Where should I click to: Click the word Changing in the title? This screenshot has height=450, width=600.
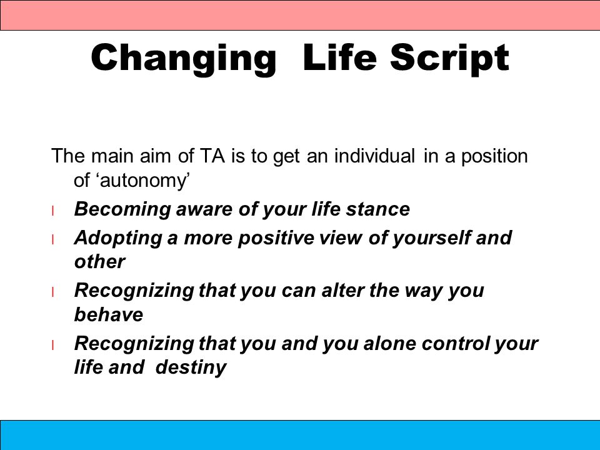(x=184, y=58)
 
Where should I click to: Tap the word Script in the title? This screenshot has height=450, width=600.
(x=449, y=58)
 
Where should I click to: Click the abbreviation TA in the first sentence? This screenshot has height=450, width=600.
(x=212, y=156)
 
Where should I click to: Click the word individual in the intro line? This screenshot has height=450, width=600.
(x=374, y=156)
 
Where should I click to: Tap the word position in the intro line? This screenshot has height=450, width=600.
(x=494, y=157)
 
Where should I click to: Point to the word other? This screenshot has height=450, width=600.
(x=99, y=262)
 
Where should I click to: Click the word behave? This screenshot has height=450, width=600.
(x=109, y=314)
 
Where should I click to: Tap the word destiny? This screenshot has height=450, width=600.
(x=191, y=367)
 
